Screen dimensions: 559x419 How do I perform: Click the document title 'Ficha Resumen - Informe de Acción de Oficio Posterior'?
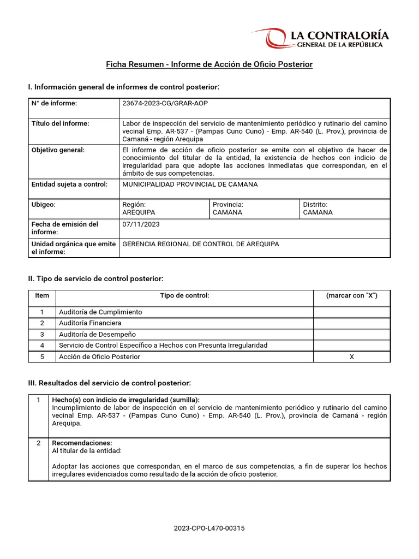[209, 64]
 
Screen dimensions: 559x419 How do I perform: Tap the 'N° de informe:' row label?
[54, 103]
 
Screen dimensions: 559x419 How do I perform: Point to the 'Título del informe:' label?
[60, 123]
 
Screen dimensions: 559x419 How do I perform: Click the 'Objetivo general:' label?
[58, 150]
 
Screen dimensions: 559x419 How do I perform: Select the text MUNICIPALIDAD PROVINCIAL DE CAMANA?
[190, 185]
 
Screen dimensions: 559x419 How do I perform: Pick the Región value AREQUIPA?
[139, 212]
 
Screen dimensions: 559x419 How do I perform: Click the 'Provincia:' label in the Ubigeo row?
[228, 204]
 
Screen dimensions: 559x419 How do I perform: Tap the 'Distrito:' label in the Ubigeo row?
[315, 204]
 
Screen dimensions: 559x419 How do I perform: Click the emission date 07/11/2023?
[141, 224]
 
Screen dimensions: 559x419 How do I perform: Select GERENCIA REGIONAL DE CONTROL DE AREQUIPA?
[200, 244]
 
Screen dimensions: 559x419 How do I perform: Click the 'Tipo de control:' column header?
[184, 295]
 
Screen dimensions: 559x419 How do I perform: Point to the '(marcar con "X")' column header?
[351, 295]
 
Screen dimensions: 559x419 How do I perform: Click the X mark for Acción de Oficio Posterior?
[351, 356]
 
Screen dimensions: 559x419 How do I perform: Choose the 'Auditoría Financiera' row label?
[90, 323]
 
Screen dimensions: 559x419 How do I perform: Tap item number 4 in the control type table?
[42, 346]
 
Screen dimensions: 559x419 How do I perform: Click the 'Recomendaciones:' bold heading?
[82, 443]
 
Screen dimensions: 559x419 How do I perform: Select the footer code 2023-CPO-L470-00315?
[209, 528]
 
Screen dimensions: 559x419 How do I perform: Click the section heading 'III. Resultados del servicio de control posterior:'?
[109, 383]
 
